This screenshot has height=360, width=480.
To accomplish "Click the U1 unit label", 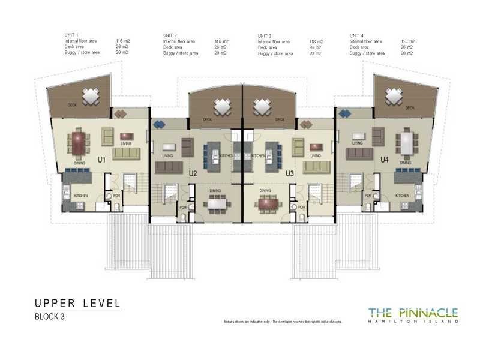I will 101,160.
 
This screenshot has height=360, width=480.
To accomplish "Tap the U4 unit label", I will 385,160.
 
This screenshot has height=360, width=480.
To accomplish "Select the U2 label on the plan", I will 193,173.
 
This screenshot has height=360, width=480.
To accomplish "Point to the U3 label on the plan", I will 290,173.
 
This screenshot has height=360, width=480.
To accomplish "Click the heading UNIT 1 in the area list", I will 72,35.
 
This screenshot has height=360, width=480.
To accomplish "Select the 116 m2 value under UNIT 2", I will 221,41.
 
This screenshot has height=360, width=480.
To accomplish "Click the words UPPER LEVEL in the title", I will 78,302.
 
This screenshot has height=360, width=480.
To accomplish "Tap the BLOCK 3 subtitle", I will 49,317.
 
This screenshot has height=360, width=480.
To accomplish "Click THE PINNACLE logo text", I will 413,312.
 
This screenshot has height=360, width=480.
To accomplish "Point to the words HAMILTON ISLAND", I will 413,322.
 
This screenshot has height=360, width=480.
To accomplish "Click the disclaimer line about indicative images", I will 283,322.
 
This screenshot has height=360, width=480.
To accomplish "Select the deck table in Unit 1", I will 91,96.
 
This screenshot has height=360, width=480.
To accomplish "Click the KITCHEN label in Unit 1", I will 81,196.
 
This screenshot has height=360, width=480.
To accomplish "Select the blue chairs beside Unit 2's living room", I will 160,124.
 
